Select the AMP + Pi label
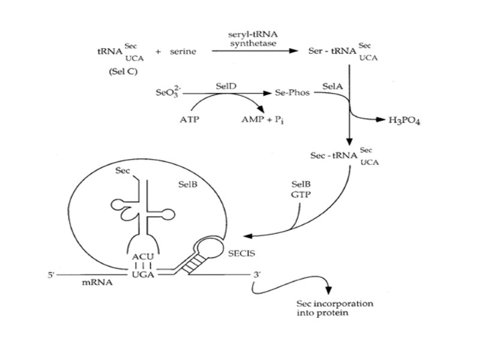tap(257, 119)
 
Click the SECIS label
tap(241, 254)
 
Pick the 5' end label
tap(50, 275)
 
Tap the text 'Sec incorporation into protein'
tap(335, 308)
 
